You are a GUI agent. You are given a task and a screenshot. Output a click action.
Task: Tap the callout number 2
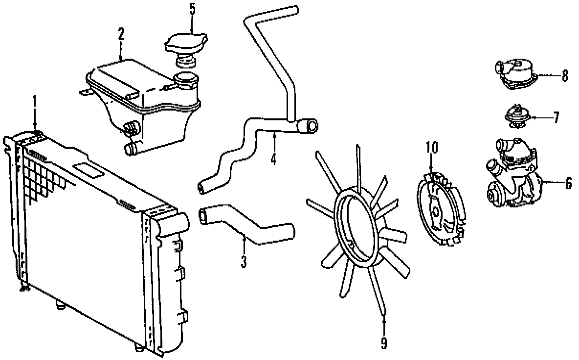(x=121, y=34)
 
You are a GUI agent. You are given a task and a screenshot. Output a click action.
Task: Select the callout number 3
(x=244, y=261)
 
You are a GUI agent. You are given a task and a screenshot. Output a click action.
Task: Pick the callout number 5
(x=192, y=9)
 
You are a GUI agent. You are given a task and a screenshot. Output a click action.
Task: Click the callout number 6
(x=568, y=182)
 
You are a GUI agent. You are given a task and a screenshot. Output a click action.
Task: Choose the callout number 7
(x=556, y=117)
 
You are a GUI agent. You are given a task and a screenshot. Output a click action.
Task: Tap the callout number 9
(x=384, y=343)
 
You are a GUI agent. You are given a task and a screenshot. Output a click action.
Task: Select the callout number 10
(x=432, y=147)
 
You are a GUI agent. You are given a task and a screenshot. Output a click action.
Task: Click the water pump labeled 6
(x=513, y=176)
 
